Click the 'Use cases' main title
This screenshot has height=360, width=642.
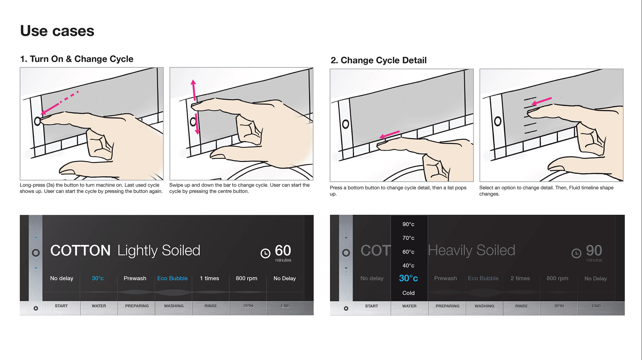[x=57, y=31]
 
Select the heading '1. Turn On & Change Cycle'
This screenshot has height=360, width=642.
[x=77, y=59]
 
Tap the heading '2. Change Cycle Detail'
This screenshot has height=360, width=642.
[x=378, y=60]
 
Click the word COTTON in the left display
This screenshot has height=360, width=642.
[x=80, y=250]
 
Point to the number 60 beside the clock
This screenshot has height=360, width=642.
[x=283, y=250]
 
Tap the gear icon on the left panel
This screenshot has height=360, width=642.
[x=36, y=308]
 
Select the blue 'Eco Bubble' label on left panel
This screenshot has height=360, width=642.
[x=172, y=278]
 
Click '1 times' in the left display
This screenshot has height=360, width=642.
[x=209, y=278]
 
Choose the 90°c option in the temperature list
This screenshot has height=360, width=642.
[x=408, y=224]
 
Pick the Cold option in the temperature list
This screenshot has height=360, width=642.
[x=408, y=293]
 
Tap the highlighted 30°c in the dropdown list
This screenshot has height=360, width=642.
[x=408, y=278]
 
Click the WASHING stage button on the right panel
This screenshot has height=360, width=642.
[x=484, y=306]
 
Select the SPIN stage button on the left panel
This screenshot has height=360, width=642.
[x=248, y=306]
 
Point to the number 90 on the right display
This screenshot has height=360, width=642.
[x=594, y=250]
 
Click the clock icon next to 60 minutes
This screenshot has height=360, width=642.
[x=265, y=253]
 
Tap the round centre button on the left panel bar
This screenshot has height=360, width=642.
[x=36, y=253]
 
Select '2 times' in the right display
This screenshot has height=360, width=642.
[x=520, y=278]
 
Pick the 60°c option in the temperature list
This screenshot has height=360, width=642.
[x=408, y=252]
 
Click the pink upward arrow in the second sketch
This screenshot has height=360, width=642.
[x=194, y=90]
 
